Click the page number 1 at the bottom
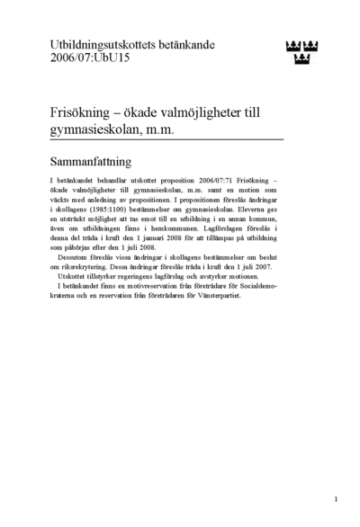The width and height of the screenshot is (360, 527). pos(335,498)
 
